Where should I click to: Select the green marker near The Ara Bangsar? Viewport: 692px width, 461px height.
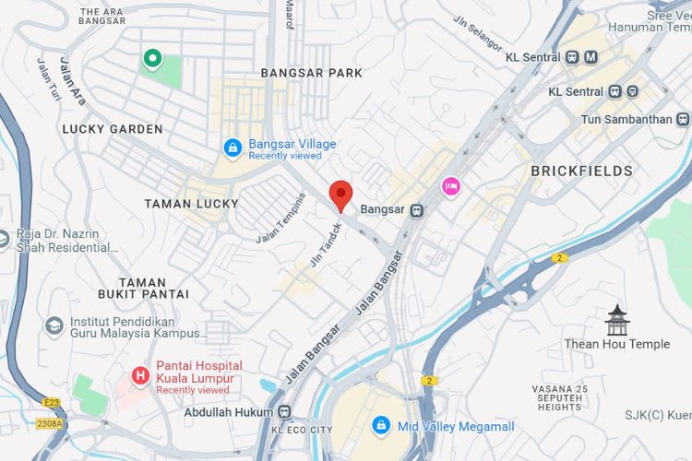click(151, 60)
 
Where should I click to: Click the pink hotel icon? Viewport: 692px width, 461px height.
click(450, 185)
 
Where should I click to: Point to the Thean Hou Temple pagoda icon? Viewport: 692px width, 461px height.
click(616, 320)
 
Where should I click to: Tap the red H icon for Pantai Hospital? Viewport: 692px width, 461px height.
click(140, 375)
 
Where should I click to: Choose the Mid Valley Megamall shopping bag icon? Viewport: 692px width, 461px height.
click(380, 425)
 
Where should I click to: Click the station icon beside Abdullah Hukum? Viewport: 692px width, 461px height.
click(285, 412)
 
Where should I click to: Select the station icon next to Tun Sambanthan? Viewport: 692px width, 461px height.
click(682, 119)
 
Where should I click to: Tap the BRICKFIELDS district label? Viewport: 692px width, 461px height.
click(581, 171)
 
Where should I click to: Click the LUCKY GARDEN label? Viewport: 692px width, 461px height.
click(113, 129)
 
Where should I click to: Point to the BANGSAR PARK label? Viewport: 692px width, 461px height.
click(312, 72)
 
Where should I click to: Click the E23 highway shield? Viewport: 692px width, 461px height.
click(51, 402)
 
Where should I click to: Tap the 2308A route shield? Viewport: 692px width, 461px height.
click(50, 423)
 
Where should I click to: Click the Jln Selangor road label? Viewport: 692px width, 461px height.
click(477, 32)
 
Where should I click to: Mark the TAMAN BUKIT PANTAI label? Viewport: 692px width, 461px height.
click(143, 288)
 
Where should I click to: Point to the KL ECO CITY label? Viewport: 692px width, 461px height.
click(302, 431)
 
